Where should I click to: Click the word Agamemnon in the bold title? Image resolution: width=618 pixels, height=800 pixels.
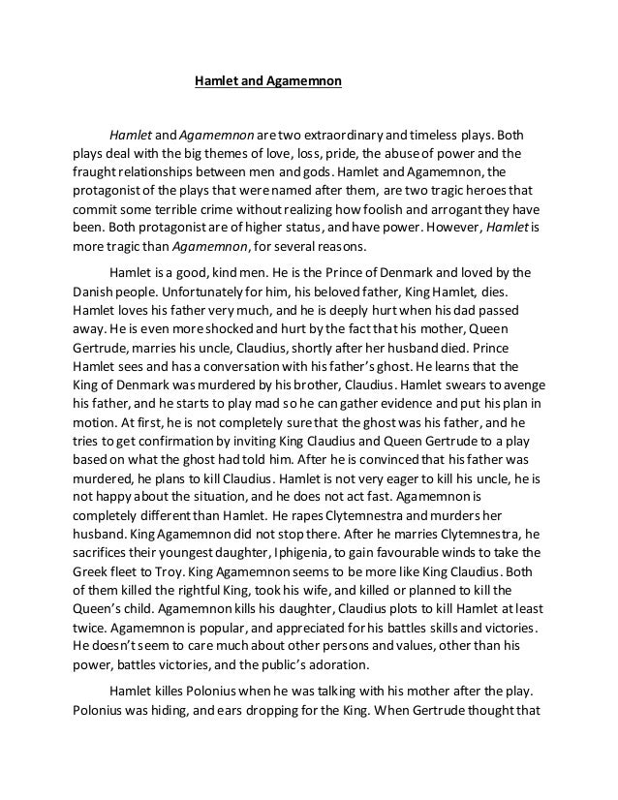(x=302, y=82)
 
